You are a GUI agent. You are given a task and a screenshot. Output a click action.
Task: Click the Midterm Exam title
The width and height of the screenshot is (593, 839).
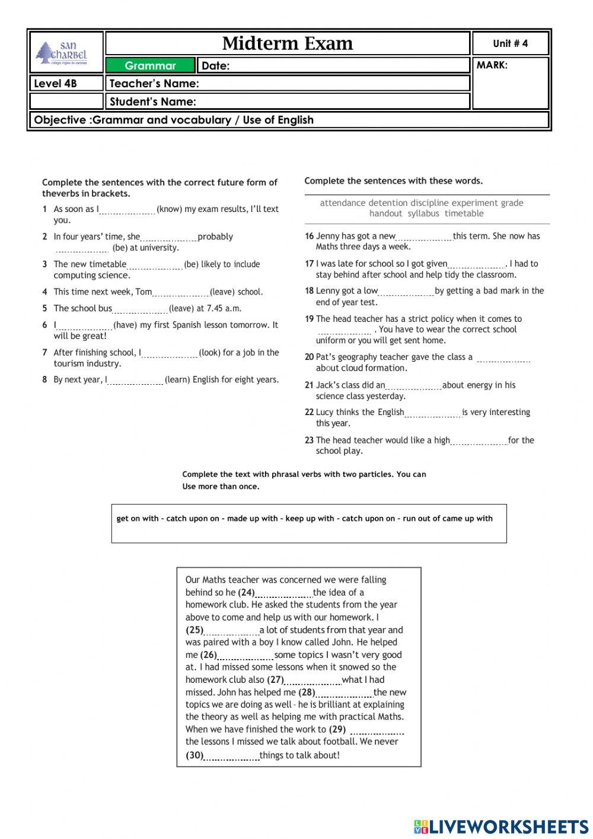click(288, 43)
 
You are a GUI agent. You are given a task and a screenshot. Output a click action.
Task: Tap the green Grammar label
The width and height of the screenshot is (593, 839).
click(150, 65)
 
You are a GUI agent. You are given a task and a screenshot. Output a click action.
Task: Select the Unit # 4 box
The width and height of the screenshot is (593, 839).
click(510, 43)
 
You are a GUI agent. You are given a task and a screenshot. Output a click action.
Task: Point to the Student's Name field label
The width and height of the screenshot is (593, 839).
click(153, 102)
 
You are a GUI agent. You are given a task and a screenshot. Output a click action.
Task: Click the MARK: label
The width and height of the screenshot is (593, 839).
click(492, 65)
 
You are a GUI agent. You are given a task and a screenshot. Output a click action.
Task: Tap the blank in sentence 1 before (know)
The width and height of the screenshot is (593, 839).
click(127, 210)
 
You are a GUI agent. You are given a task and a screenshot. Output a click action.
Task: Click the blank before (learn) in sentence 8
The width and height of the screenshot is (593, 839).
click(135, 381)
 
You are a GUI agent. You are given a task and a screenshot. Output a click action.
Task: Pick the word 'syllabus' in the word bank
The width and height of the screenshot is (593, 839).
click(423, 214)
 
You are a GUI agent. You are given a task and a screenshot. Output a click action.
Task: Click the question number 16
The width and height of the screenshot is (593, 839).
click(309, 236)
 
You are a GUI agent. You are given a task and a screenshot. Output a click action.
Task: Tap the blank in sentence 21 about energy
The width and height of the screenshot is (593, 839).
click(413, 386)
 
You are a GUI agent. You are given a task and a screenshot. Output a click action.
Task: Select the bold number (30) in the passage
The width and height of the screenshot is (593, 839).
click(195, 755)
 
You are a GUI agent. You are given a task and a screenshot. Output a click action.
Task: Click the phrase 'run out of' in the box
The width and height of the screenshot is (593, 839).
click(422, 518)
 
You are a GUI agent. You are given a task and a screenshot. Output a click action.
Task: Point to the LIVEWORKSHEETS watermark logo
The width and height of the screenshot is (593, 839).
click(500, 827)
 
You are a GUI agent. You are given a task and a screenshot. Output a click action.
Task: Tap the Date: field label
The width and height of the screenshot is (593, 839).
click(216, 65)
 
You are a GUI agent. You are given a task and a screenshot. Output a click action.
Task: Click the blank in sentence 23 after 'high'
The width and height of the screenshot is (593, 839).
click(479, 441)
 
